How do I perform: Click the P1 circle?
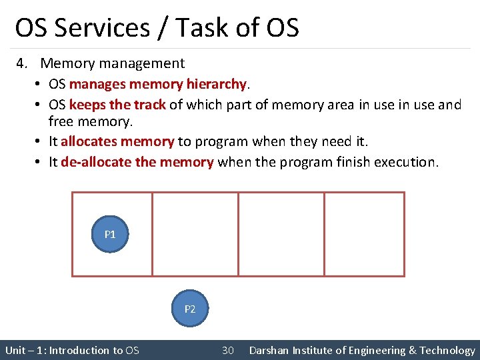click(x=110, y=234)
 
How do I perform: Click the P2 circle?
click(x=190, y=309)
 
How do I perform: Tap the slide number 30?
click(x=227, y=350)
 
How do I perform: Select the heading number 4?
click(x=21, y=63)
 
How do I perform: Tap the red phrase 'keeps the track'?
click(x=117, y=105)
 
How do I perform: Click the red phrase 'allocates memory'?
click(x=117, y=141)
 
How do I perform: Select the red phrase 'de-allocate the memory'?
click(x=137, y=162)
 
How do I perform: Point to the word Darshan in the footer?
click(x=270, y=350)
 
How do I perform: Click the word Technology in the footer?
click(x=447, y=350)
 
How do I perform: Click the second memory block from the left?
click(x=195, y=234)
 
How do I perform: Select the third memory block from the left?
click(x=281, y=234)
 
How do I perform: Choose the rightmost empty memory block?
click(x=364, y=234)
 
